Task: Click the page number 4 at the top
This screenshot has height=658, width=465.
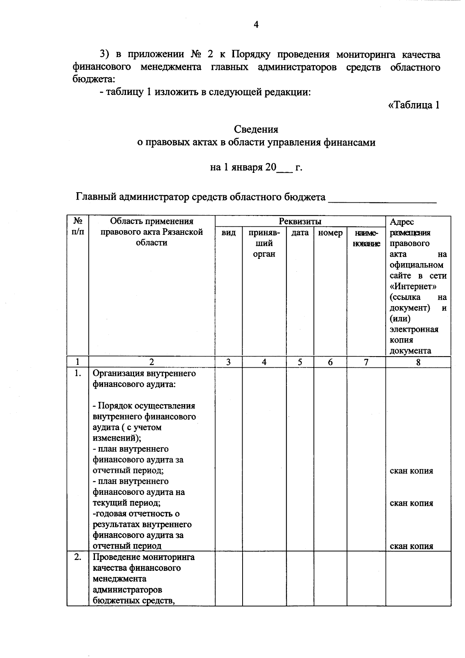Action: click(256, 25)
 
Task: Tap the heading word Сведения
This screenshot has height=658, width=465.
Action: click(256, 129)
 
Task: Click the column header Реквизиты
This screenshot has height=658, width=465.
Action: click(300, 221)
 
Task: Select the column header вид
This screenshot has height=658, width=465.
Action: click(229, 233)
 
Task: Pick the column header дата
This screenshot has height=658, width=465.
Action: click(300, 233)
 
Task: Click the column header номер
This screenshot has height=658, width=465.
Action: click(330, 233)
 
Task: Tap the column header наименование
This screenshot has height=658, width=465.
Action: click(366, 238)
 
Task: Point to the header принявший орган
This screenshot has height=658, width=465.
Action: click(264, 243)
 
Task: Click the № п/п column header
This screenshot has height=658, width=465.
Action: click(78, 226)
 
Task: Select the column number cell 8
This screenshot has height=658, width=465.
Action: click(418, 362)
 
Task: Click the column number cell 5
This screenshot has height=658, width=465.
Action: click(300, 362)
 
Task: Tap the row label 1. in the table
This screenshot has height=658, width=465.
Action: click(78, 374)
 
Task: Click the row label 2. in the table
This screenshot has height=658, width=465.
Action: click(78, 557)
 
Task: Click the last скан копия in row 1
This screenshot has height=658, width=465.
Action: click(411, 546)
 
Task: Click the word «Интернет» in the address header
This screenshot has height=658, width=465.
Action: click(413, 287)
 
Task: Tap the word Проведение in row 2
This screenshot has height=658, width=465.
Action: click(116, 557)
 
